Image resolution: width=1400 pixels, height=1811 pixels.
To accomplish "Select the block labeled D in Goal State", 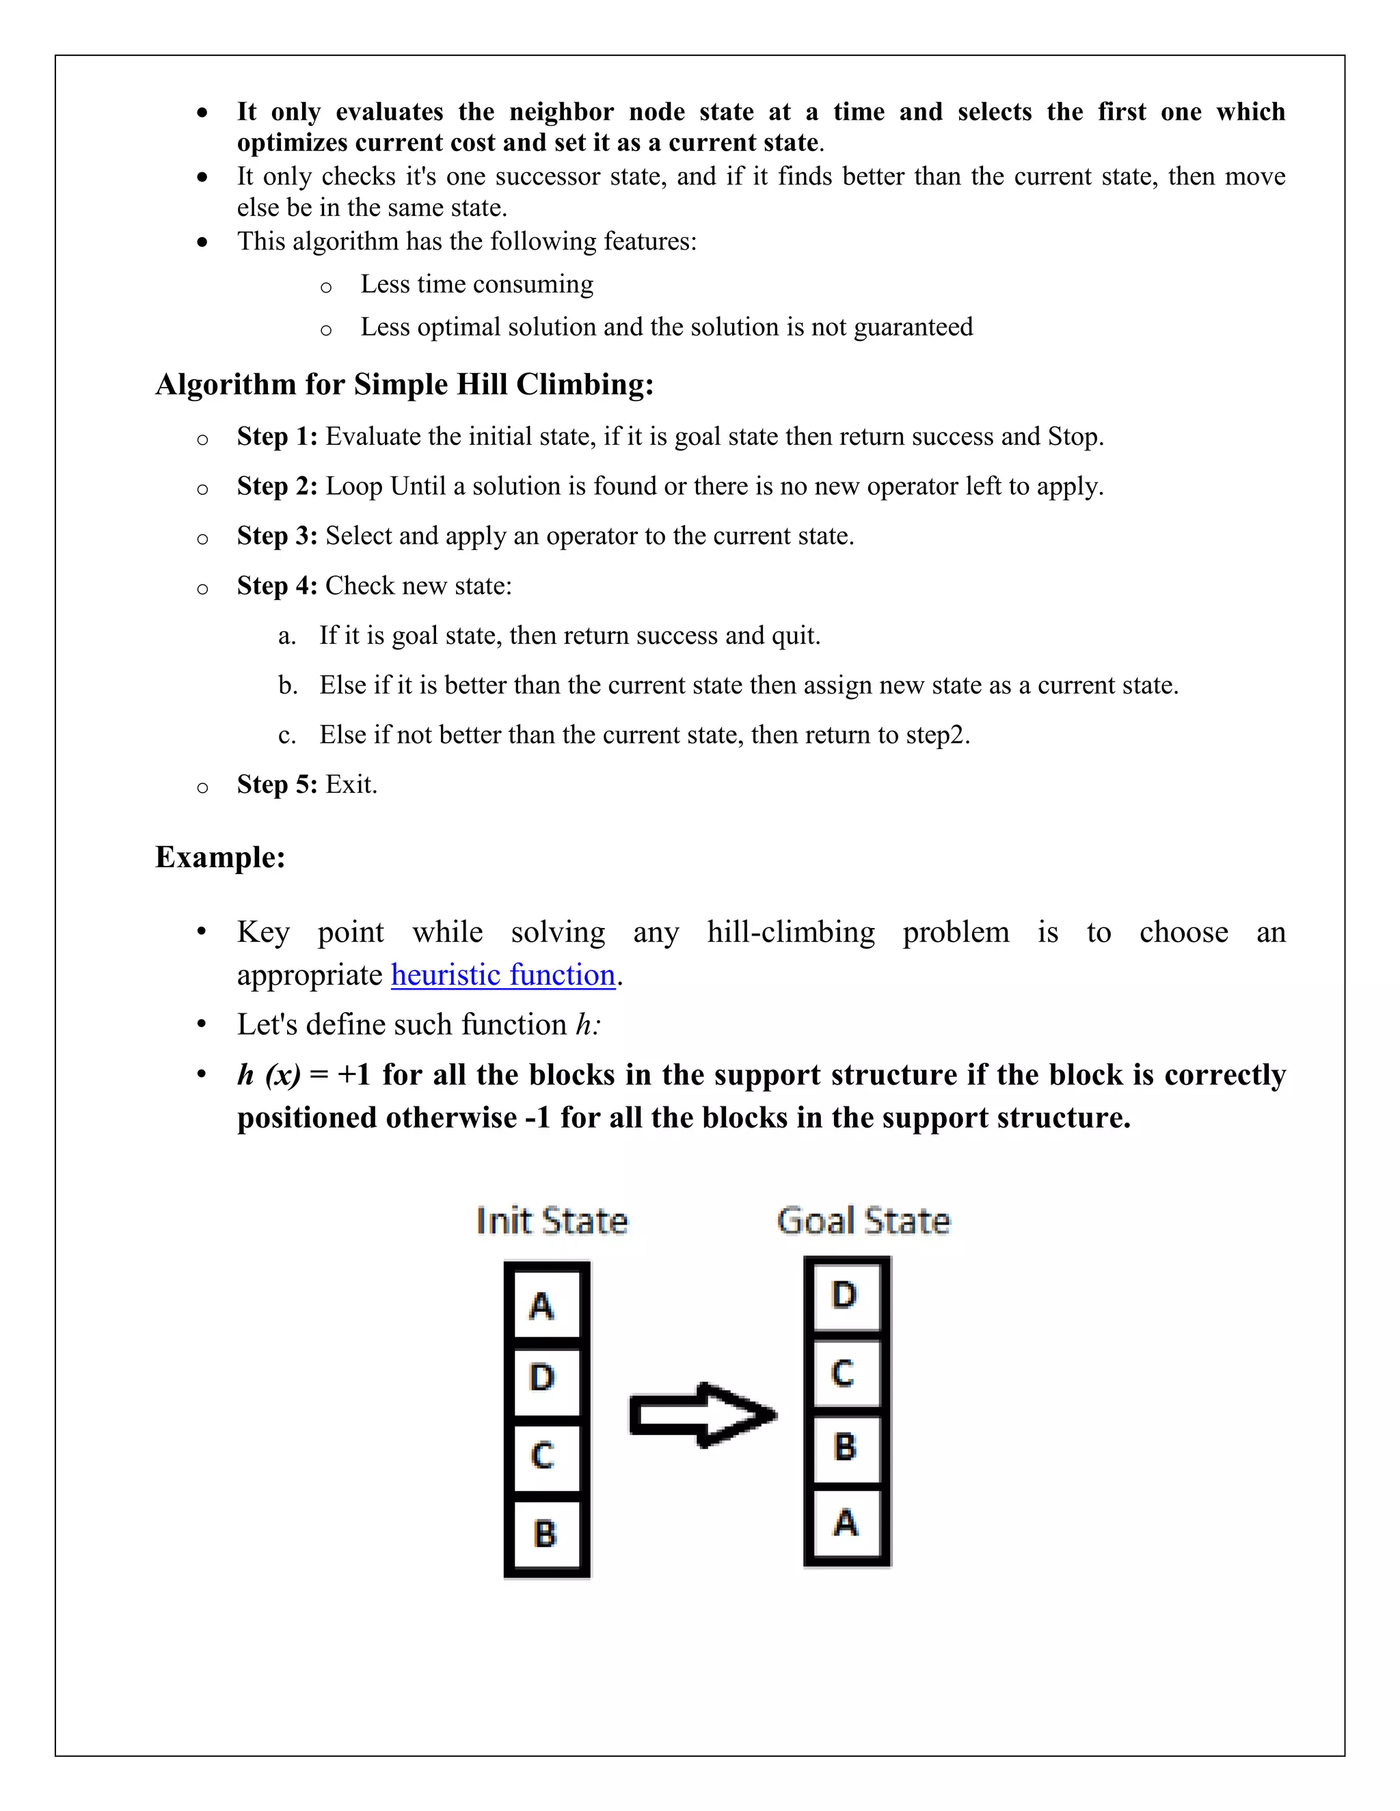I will [x=846, y=1296].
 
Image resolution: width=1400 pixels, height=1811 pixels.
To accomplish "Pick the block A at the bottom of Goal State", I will [x=846, y=1523].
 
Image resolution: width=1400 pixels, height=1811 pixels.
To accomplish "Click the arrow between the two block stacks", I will [x=701, y=1415].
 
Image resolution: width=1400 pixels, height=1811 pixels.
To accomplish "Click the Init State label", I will [x=552, y=1221].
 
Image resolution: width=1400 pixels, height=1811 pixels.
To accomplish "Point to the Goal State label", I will [x=863, y=1221].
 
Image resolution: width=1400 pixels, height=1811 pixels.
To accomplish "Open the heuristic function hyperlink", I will [x=503, y=975].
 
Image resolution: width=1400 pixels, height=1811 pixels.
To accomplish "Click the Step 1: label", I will [x=277, y=437].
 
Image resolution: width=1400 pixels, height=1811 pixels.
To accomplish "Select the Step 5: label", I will [x=277, y=785].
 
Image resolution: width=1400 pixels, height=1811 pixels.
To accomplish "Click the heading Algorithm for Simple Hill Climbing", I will [x=404, y=385].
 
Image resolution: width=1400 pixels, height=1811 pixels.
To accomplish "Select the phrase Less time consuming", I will [x=477, y=284].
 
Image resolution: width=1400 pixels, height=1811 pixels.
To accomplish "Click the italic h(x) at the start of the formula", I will [x=269, y=1076].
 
